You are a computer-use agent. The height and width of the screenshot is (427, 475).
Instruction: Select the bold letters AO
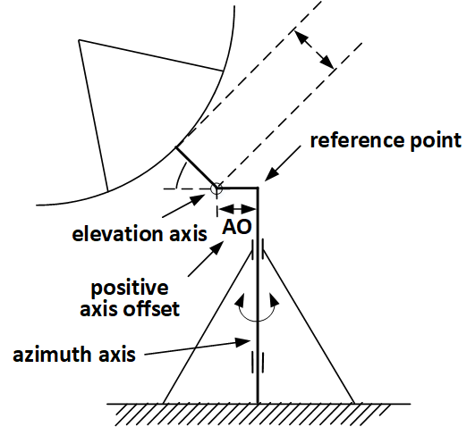(x=237, y=227)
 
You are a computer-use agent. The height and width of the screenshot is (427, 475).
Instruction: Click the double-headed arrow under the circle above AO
(x=237, y=208)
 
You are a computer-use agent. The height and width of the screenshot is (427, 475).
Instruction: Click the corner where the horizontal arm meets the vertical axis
(x=258, y=188)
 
